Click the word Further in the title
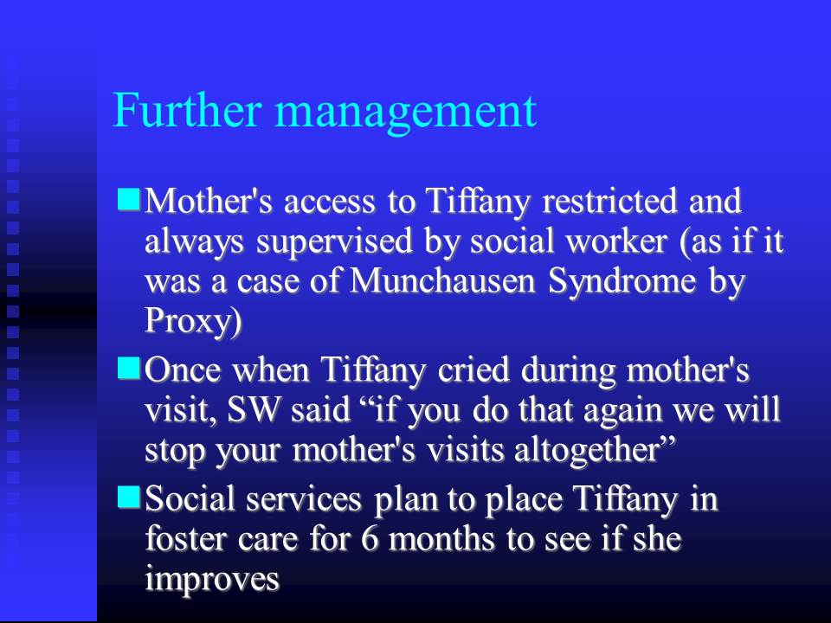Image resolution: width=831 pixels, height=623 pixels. point(187,110)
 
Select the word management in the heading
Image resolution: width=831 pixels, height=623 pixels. point(406,112)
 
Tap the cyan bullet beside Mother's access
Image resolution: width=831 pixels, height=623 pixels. point(129,200)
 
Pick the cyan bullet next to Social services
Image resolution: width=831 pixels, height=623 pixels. point(129,498)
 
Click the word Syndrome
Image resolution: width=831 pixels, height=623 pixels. point(622,282)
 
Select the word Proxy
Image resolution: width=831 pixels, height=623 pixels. point(189,321)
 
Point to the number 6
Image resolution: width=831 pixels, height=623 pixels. point(370,539)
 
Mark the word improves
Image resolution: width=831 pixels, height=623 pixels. point(212,580)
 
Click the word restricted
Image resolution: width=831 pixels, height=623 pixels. point(609,201)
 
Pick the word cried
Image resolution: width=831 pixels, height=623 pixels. point(473,369)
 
